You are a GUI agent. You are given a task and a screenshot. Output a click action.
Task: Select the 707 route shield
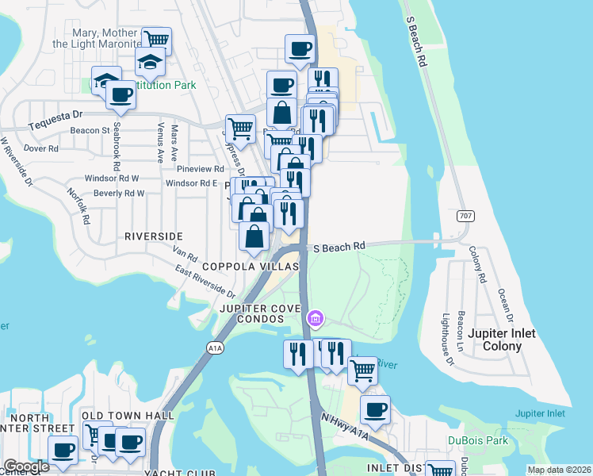coord(465,216)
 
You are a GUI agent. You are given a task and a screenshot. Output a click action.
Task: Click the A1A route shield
coord(214,347)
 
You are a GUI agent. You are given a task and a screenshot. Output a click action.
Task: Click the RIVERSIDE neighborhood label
coord(153,236)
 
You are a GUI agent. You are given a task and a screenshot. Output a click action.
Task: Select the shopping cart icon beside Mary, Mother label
coord(156,40)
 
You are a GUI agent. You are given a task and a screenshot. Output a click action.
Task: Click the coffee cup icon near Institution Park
coord(121,94)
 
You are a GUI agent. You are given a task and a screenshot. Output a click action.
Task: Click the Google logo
coord(26,466)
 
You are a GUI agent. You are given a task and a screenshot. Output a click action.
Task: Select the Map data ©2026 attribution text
coord(559,470)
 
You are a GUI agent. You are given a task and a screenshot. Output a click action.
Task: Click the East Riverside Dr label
coord(205,282)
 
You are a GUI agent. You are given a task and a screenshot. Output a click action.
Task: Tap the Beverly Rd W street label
coord(118,193)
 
